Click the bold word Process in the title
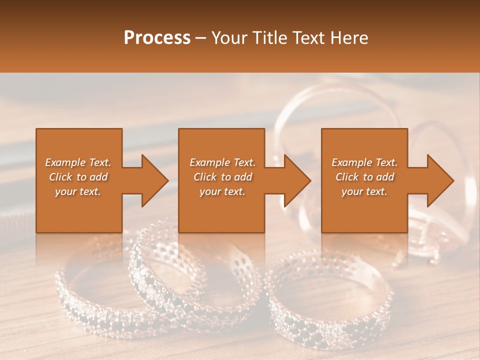click(157, 38)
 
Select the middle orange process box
click(221, 210)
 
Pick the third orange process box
click(364, 210)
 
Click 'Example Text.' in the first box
click(78, 162)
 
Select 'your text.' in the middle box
click(222, 191)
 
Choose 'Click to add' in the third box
click(364, 177)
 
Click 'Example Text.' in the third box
click(364, 162)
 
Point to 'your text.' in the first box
click(78, 191)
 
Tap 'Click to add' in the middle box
click(222, 177)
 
